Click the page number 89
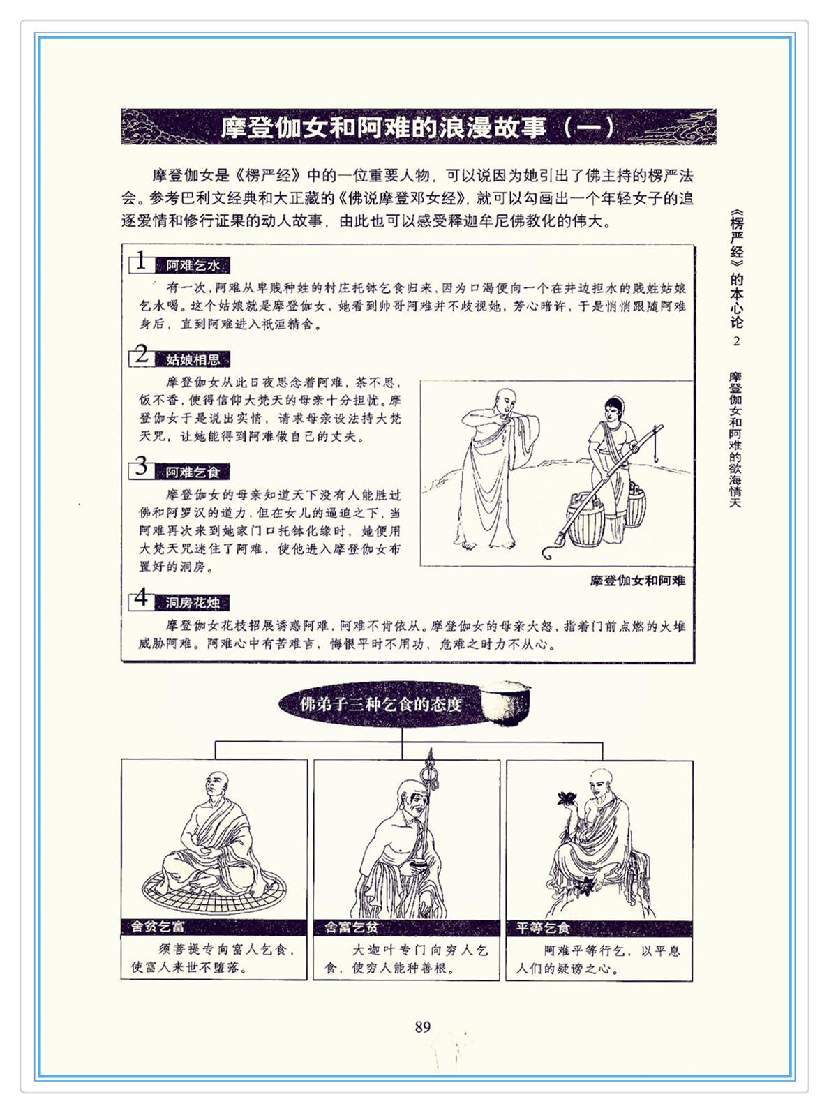coord(423,1026)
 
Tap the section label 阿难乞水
coord(193,265)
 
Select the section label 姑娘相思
coord(193,359)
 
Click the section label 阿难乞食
coord(193,472)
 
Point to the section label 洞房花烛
coord(193,603)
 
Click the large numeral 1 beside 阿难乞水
coord(141,261)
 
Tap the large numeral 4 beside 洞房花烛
coord(142,598)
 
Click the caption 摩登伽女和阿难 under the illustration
coord(637,581)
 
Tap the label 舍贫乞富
coord(158,927)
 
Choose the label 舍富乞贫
coord(351,927)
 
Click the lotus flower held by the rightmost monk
coord(568,798)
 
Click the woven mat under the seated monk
coord(214,889)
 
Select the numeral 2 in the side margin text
coord(736,341)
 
